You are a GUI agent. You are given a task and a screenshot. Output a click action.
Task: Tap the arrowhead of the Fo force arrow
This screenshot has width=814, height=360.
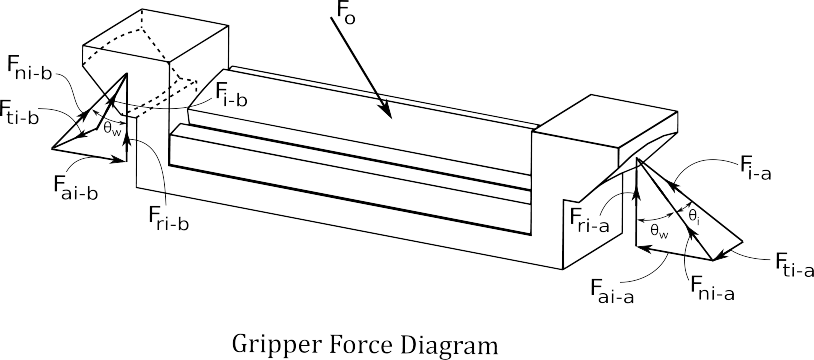click(386, 110)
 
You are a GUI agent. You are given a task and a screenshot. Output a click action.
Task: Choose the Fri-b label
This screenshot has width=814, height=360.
click(166, 219)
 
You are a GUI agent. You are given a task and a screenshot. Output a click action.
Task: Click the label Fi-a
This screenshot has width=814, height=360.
click(755, 170)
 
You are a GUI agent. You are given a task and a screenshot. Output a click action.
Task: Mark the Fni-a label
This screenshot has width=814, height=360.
click(712, 288)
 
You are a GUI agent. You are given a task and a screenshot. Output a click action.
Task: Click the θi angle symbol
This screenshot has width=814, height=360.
click(695, 216)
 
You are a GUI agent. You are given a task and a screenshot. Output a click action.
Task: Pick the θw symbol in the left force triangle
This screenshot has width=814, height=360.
click(112, 128)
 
